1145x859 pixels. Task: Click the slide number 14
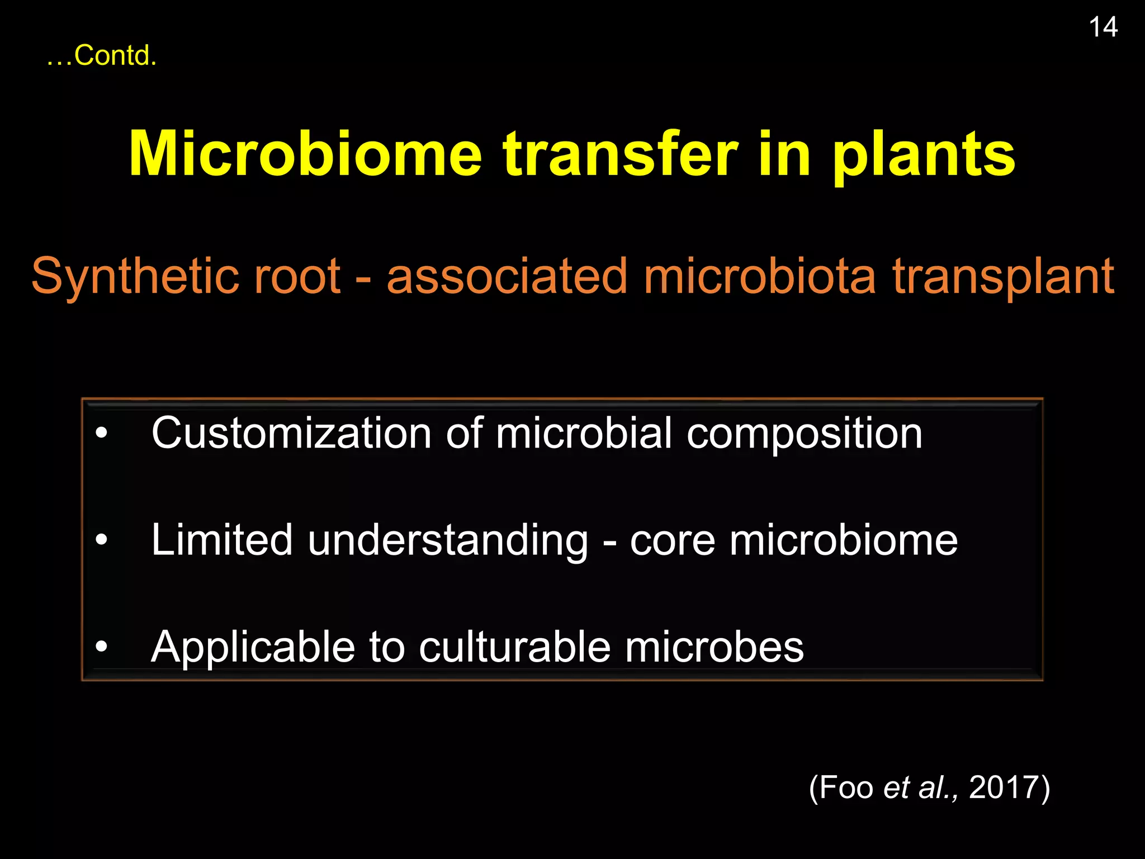coord(1103,27)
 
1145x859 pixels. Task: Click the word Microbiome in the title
coord(305,154)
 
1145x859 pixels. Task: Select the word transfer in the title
coord(620,154)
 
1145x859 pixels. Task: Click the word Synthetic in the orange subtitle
coord(128,276)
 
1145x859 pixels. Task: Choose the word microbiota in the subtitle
coord(759,276)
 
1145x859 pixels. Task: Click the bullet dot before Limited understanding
coord(101,540)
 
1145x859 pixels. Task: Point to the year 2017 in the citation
coord(1004,787)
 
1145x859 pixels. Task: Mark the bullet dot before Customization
coord(101,433)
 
